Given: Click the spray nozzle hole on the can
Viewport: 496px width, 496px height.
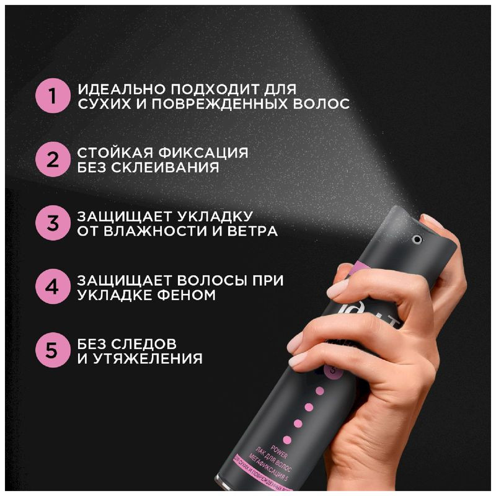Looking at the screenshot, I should pyautogui.click(x=416, y=238).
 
